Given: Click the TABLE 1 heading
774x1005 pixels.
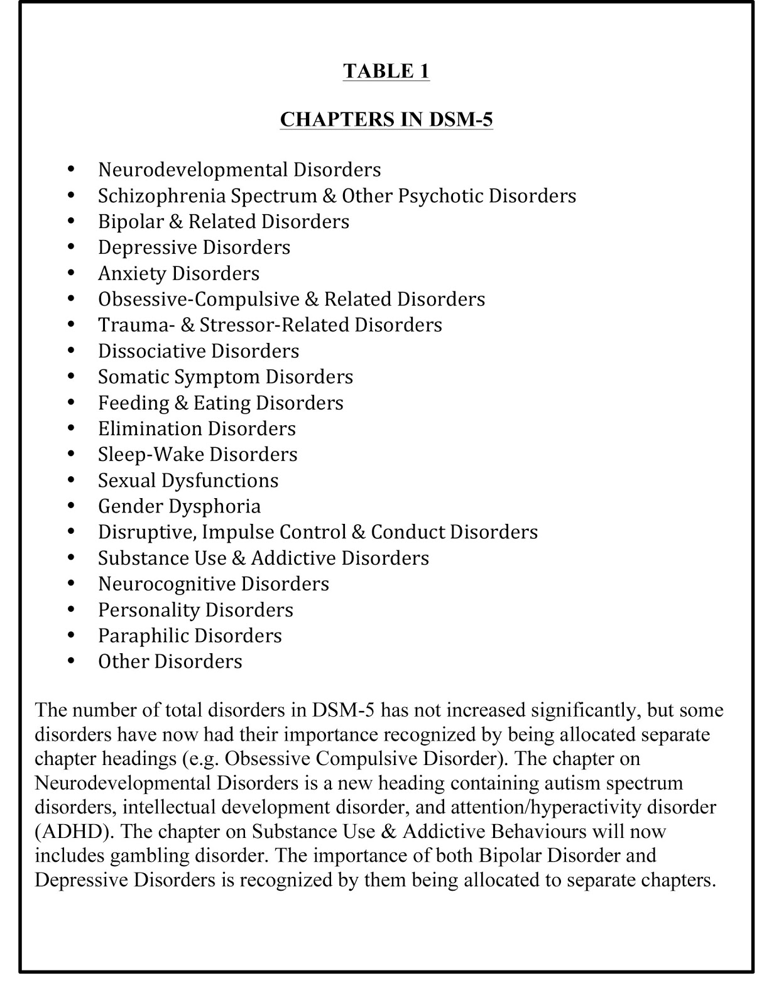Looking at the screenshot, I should pos(386,71).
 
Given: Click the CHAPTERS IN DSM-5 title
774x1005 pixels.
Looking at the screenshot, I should pos(386,119).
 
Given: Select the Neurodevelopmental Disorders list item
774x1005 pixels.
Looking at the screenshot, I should pos(239,170).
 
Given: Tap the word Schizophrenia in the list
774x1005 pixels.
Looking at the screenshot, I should pos(161,196).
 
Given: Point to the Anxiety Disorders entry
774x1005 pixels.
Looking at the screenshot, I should pos(178,273).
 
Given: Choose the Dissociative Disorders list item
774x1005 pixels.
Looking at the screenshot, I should pos(199,350).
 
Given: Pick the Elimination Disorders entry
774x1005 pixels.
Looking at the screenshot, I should pos(197,428).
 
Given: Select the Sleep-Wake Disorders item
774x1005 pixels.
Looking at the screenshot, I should pos(197,454).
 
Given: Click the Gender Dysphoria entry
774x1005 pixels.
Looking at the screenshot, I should pos(179,506).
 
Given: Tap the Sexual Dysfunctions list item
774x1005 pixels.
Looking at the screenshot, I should pos(188,481).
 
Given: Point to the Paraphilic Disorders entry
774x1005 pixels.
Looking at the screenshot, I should pos(190,636).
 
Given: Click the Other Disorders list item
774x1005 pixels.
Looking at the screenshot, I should pos(170,661).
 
